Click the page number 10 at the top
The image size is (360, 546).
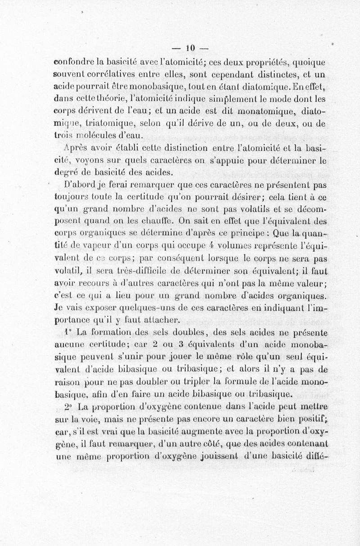point(189,48)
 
